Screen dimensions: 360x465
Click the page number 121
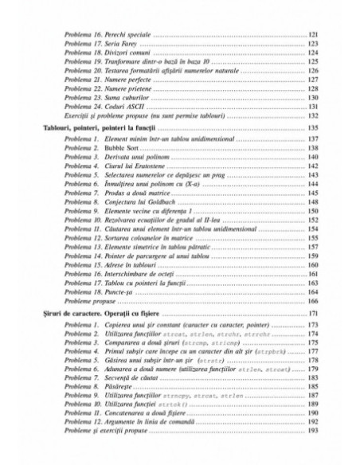[314, 36]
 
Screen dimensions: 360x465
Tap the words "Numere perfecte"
[109, 80]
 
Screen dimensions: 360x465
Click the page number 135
[314, 127]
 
